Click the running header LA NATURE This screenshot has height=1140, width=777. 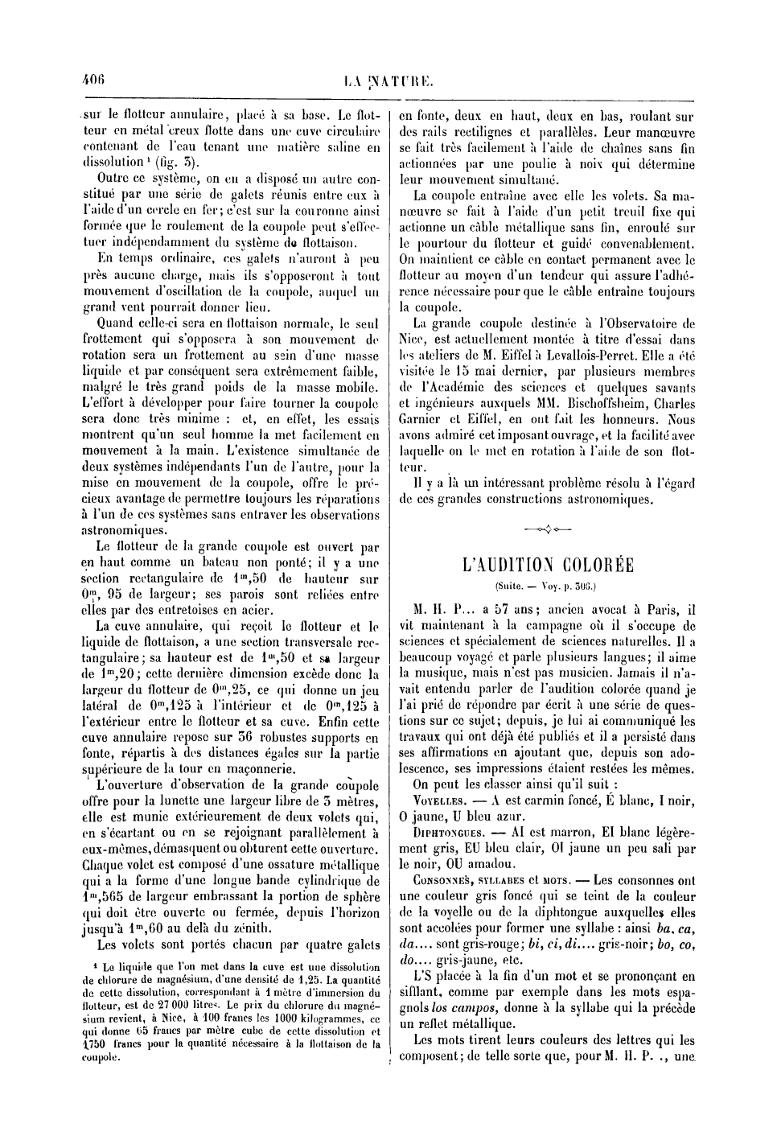tap(388, 80)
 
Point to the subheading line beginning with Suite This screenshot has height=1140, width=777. tap(549, 587)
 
